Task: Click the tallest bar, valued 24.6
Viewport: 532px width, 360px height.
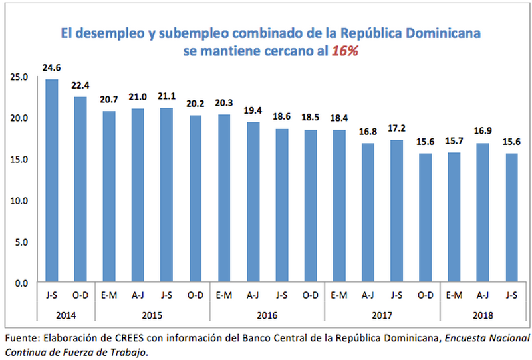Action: pyautogui.click(x=51, y=181)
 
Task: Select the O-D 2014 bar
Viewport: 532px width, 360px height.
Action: pyautogui.click(x=80, y=190)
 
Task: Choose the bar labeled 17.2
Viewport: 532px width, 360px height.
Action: pyautogui.click(x=396, y=212)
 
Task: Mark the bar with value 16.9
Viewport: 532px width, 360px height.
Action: pyautogui.click(x=482, y=213)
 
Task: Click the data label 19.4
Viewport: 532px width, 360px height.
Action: pyautogui.click(x=253, y=112)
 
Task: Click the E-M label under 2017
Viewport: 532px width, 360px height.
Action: pyautogui.click(x=338, y=294)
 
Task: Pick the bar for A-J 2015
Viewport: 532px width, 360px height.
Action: pyautogui.click(x=138, y=196)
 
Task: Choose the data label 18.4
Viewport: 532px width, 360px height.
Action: pyautogui.click(x=338, y=119)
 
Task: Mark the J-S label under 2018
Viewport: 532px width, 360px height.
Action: pyautogui.click(x=511, y=294)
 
